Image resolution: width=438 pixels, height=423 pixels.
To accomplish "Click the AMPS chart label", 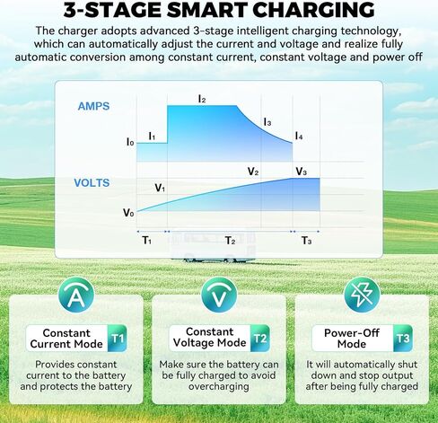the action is tap(93, 106).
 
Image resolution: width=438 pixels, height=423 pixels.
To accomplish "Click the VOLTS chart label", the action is tap(92, 183).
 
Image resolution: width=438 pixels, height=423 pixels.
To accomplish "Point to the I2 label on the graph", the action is tap(202, 99).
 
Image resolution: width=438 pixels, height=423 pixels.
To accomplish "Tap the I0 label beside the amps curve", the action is tap(130, 142).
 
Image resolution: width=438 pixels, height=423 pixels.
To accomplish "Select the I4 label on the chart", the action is tap(299, 137).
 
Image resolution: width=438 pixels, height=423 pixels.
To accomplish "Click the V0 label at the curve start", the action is tap(128, 213).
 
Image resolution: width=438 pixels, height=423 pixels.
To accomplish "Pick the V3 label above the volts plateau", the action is tap(302, 172).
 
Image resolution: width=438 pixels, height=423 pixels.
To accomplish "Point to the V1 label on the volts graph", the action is tap(160, 188).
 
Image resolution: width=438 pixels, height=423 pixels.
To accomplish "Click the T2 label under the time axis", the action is tap(230, 241).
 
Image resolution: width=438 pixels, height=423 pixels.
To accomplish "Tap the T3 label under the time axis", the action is tap(306, 241).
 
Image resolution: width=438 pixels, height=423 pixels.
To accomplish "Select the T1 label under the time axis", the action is tap(146, 240).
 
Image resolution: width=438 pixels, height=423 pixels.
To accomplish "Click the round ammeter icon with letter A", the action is tap(76, 295).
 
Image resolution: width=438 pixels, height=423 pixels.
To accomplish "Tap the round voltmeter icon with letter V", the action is tap(219, 295).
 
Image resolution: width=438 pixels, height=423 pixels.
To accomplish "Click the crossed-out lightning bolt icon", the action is tap(362, 295).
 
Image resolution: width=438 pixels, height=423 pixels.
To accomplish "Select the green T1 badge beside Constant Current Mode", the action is tap(117, 339).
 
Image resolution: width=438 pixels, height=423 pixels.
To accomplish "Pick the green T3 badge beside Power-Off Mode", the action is tap(403, 339).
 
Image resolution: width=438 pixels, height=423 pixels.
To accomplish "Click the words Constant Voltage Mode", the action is tap(209, 337).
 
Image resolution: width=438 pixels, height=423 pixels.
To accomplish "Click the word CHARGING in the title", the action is tap(313, 10).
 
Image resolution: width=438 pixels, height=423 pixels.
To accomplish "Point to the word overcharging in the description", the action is tap(219, 386).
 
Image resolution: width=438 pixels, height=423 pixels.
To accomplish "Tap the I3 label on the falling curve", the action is tap(267, 122).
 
